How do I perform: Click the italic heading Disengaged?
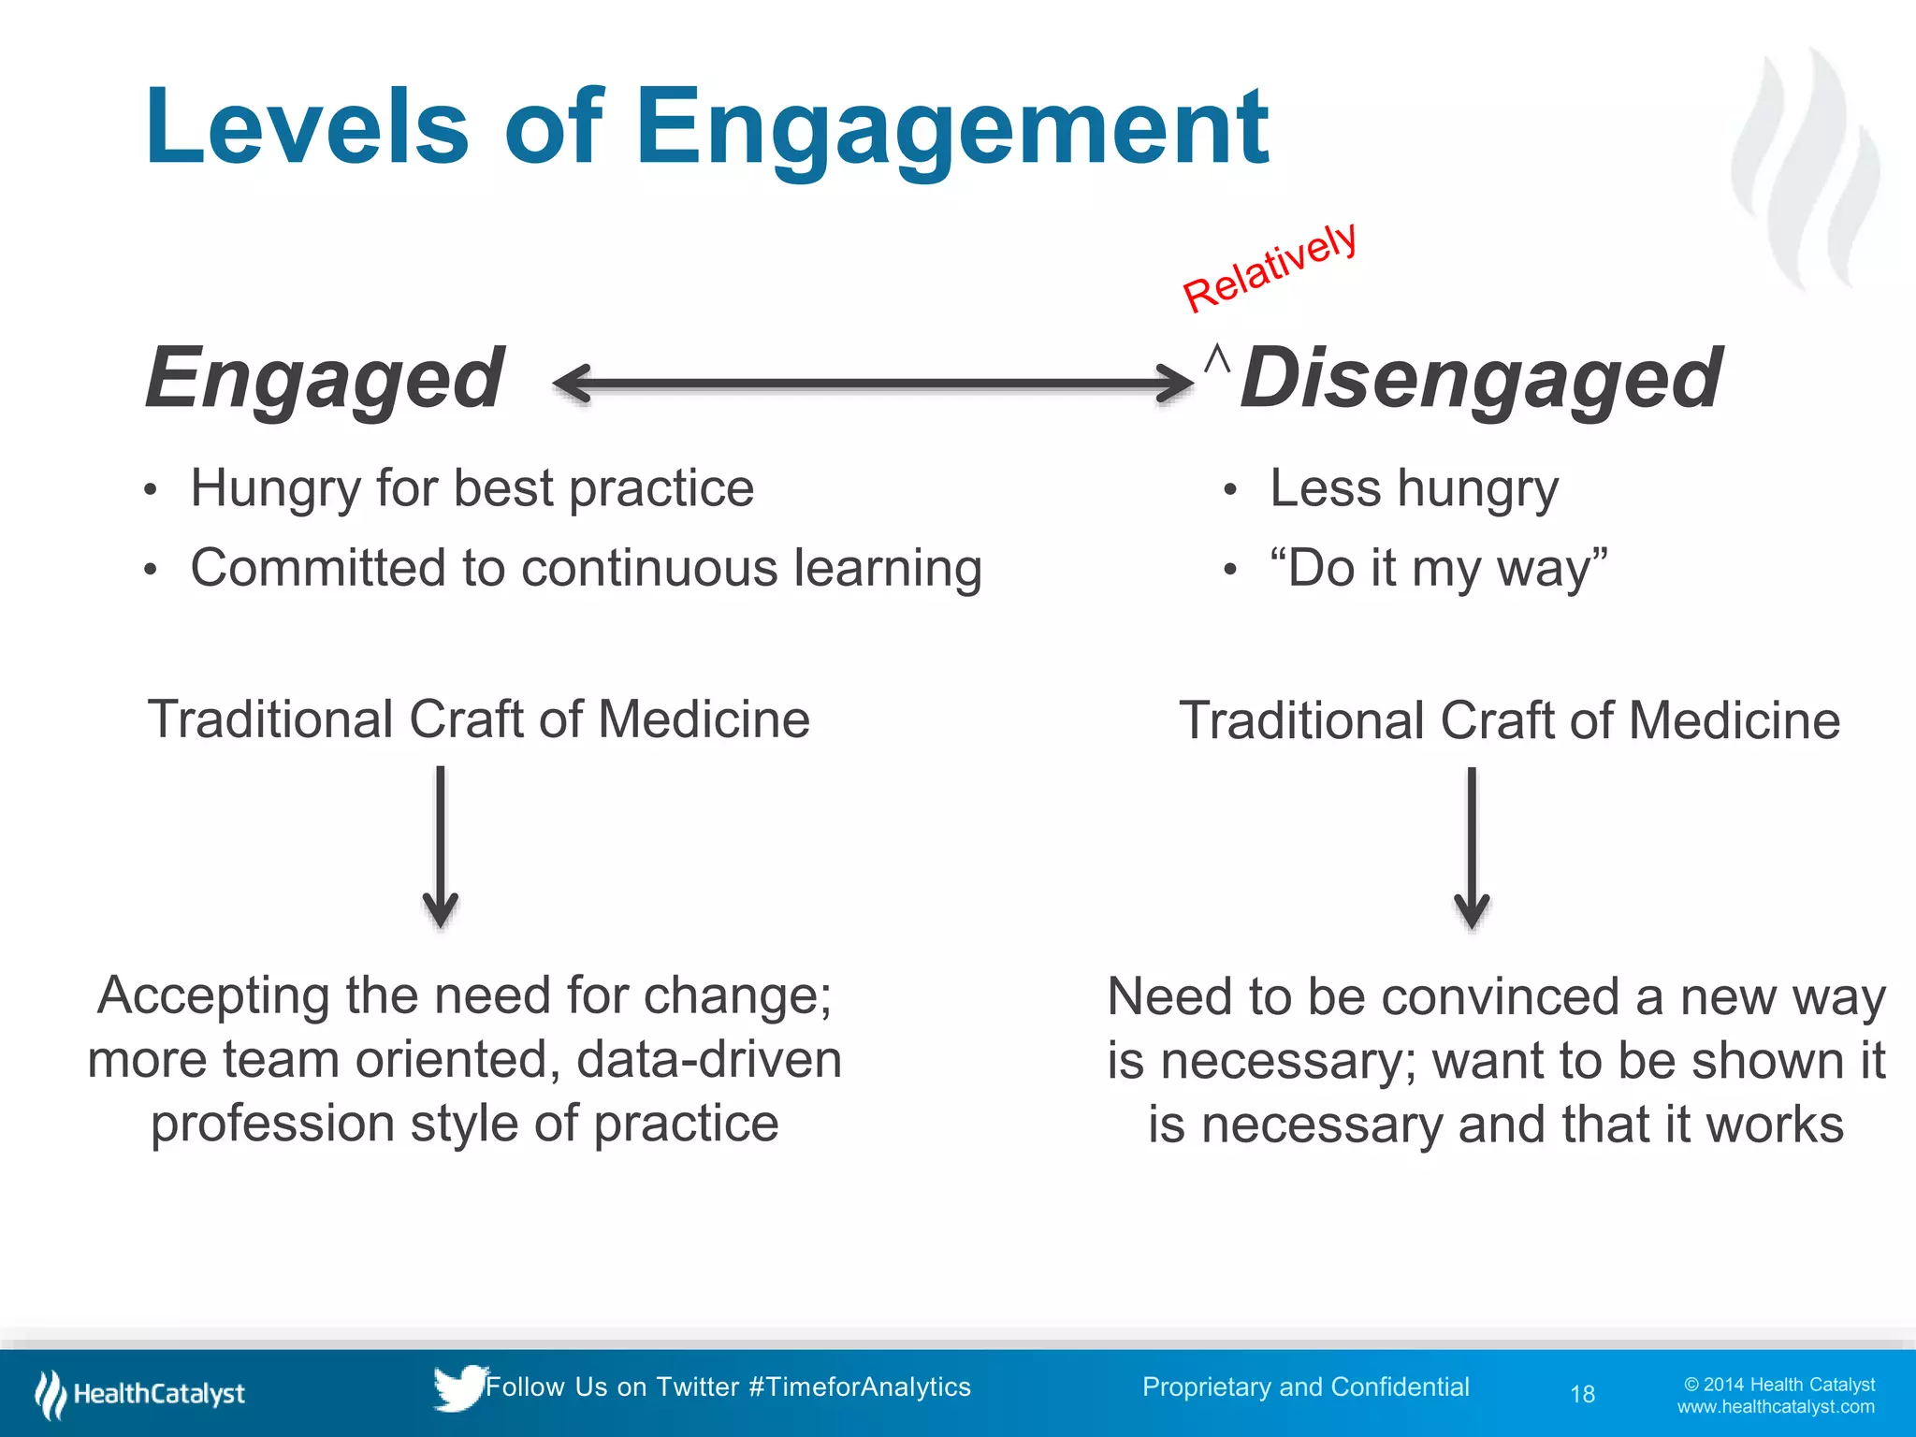[1480, 378]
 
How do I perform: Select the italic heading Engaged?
[325, 378]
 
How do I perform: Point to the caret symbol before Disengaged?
[1216, 359]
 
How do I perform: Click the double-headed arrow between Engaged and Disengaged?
[872, 384]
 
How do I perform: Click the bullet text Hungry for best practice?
[472, 488]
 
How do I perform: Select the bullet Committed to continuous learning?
[586, 568]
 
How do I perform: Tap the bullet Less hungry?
[1413, 488]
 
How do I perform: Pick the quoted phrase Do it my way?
[1438, 568]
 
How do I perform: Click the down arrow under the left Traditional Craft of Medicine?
[441, 847]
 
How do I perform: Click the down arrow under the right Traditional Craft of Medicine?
[1472, 847]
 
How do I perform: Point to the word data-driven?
[709, 1060]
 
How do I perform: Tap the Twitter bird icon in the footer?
[458, 1387]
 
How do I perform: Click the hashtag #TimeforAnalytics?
[860, 1387]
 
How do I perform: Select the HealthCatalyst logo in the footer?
[140, 1394]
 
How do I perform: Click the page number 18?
[1582, 1395]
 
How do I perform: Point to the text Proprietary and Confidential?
[1305, 1387]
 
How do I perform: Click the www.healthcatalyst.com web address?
[1775, 1407]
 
